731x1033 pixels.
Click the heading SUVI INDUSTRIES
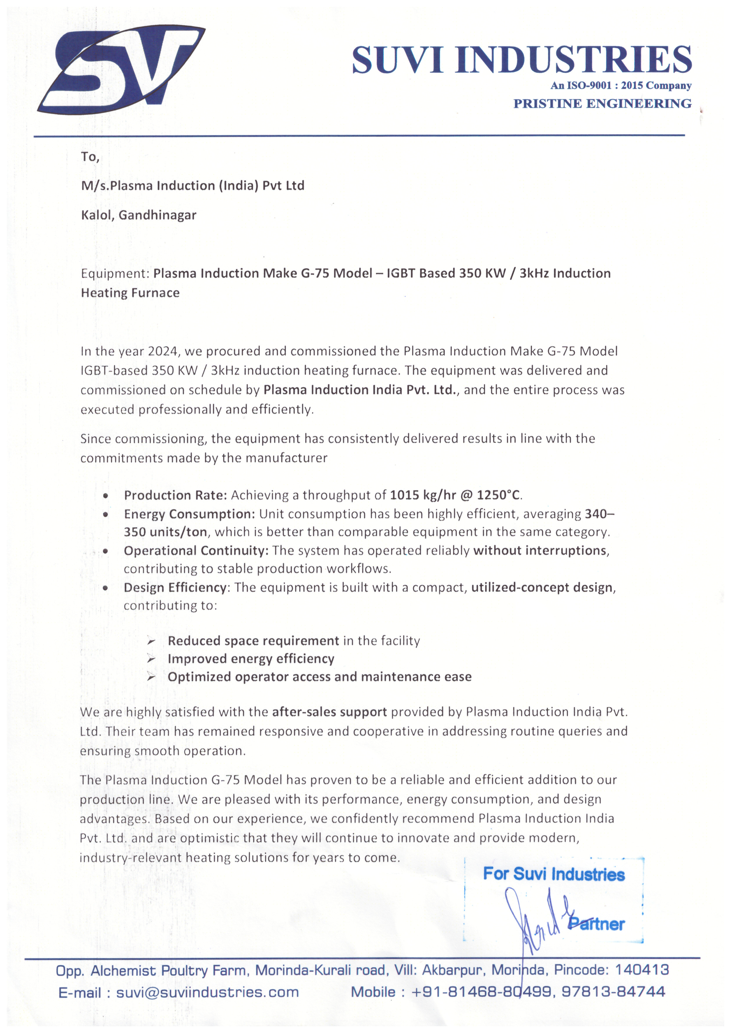(521, 60)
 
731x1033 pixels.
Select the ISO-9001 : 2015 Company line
(621, 85)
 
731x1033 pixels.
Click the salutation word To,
(90, 157)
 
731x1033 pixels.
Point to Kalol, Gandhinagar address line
(139, 215)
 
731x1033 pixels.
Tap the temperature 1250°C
(498, 495)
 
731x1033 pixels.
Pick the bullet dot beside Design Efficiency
(105, 588)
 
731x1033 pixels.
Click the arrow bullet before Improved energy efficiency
(151, 660)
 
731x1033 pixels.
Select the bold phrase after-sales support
(329, 712)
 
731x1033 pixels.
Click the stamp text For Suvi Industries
(554, 874)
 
